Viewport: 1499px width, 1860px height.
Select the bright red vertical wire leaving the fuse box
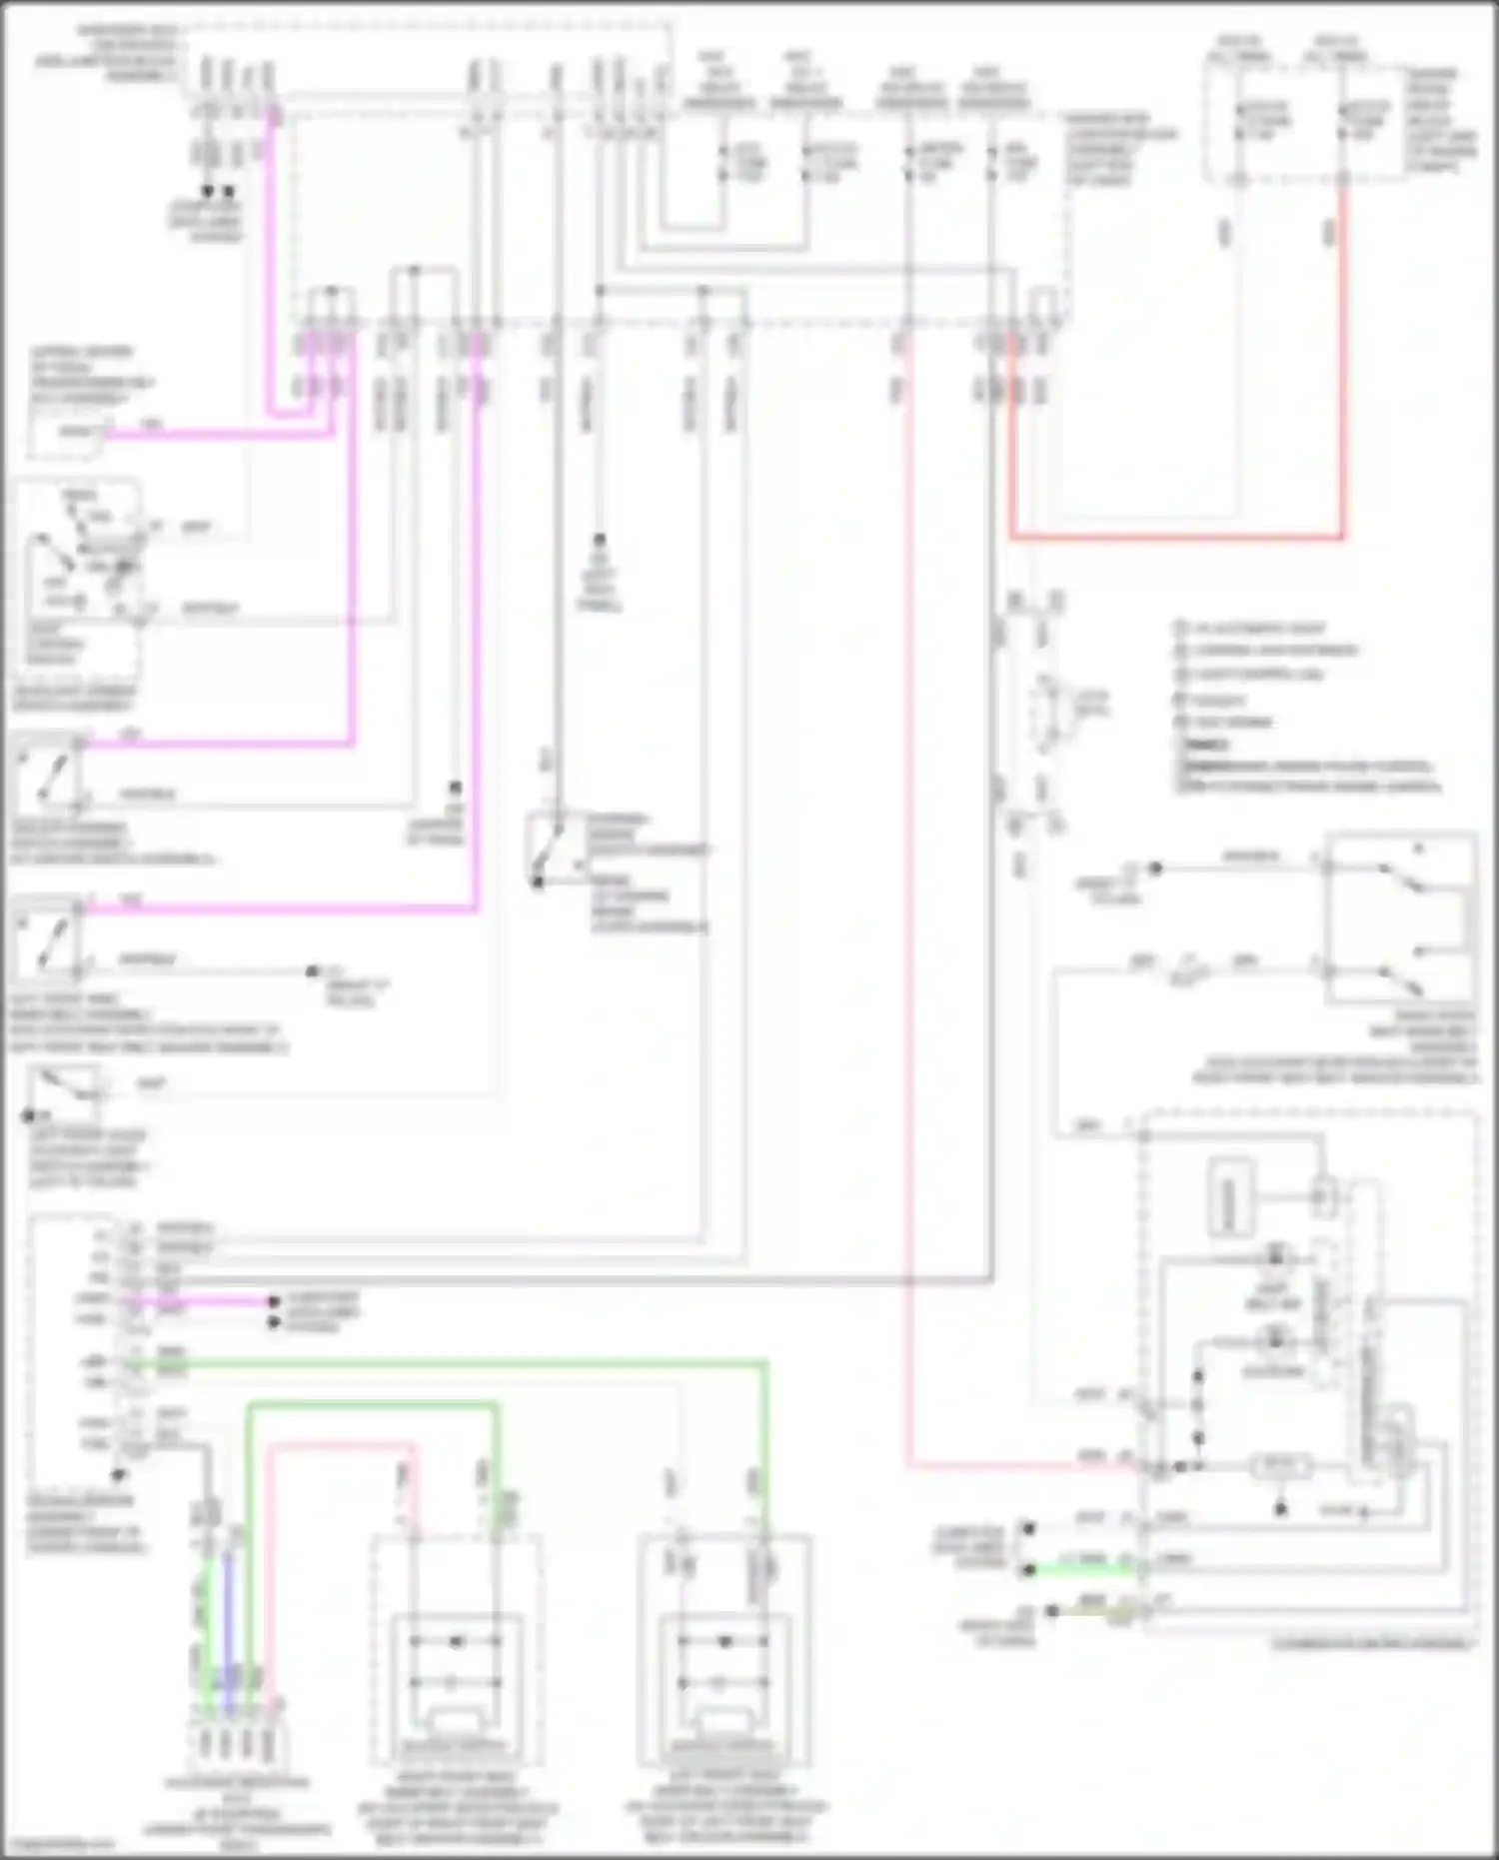[x=1341, y=360]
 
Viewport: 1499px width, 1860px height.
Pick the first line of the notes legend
[x=1255, y=628]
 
